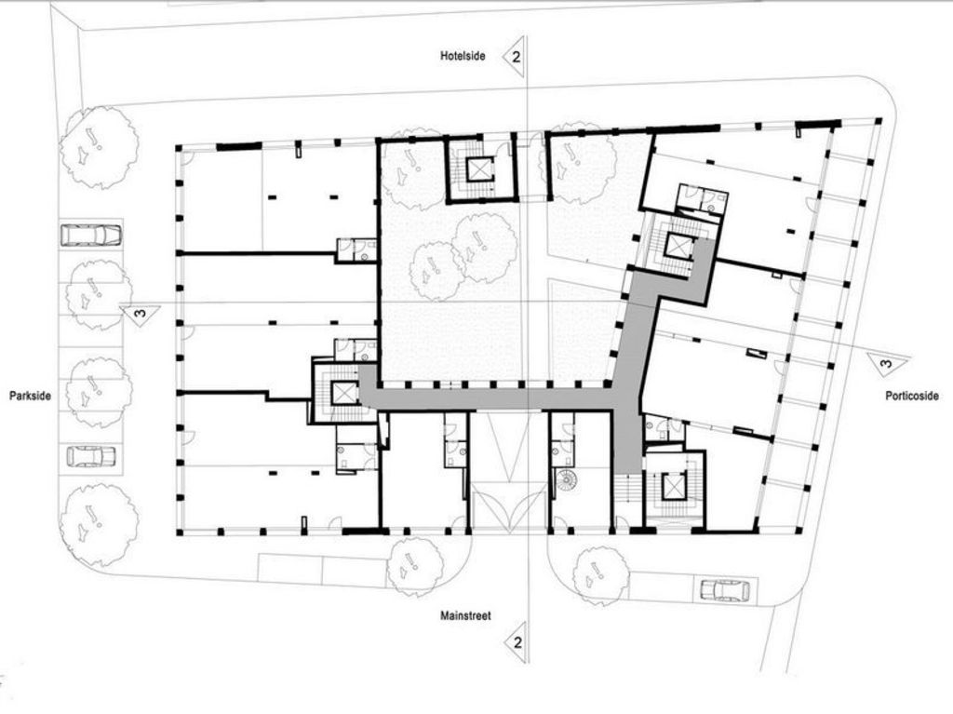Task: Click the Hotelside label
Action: (x=463, y=56)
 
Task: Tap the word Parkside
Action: (x=30, y=396)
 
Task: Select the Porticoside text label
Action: (x=912, y=396)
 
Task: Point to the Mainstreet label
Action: (x=465, y=615)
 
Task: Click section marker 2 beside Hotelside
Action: (x=514, y=57)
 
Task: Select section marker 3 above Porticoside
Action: (x=888, y=364)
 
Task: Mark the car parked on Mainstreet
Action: (x=724, y=589)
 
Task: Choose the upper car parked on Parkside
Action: (x=91, y=235)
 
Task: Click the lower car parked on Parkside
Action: (x=90, y=457)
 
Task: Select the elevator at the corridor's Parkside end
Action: (x=343, y=393)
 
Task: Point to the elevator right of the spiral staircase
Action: (x=674, y=485)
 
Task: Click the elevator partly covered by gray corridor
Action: (x=678, y=245)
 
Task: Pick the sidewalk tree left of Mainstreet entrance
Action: (x=416, y=567)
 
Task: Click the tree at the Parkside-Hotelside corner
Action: (x=99, y=146)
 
